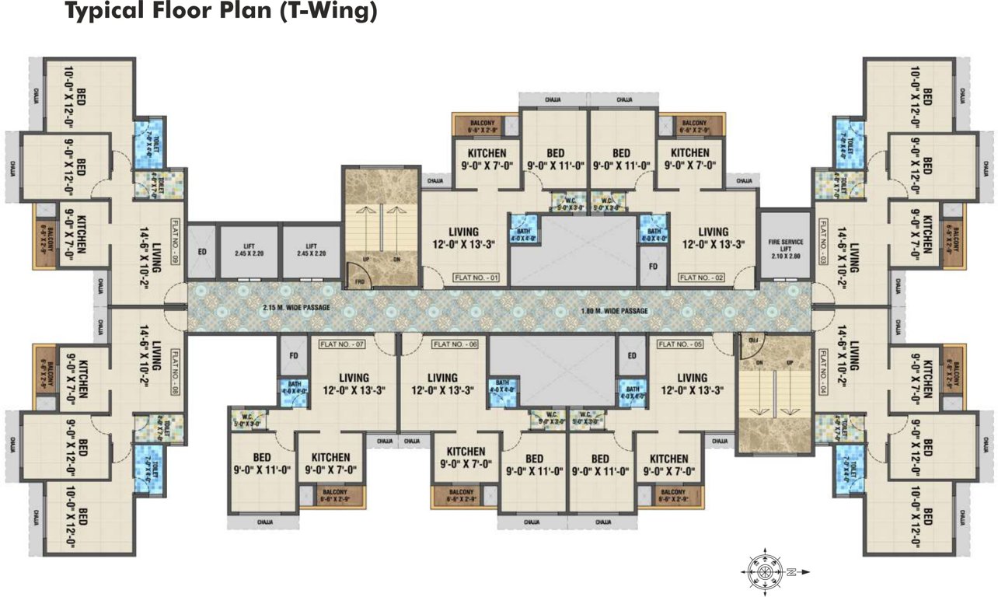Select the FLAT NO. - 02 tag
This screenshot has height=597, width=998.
[x=702, y=277]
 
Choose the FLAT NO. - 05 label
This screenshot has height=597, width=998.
[x=681, y=343]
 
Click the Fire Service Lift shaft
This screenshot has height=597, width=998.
[x=785, y=245]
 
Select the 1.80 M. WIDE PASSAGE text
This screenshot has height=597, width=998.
[x=614, y=311]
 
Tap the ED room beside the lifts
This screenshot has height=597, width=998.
[x=202, y=251]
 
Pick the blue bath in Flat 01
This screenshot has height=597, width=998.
[x=520, y=231]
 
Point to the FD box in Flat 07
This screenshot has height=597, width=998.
[x=294, y=357]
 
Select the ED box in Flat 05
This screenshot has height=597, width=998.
[x=631, y=357]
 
